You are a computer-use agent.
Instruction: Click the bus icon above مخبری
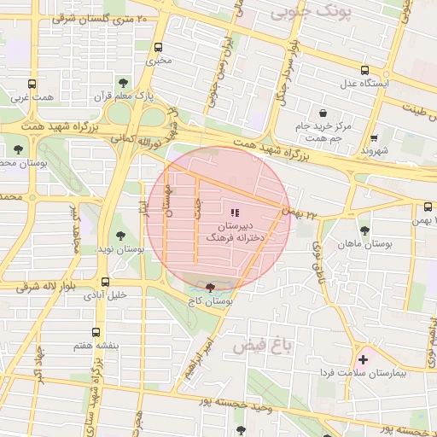[158, 48]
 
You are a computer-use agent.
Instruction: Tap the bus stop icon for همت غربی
[32, 84]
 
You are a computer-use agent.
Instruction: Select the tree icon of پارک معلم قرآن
[123, 84]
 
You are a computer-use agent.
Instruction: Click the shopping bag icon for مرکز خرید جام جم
[323, 114]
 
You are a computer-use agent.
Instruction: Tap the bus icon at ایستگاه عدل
[364, 71]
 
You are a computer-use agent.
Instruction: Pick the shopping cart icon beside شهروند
[374, 137]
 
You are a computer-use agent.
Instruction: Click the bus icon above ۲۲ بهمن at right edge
[428, 207]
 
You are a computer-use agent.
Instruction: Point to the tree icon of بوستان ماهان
[364, 230]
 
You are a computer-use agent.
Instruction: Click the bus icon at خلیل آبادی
[105, 282]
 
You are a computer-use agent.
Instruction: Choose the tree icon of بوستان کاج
[211, 288]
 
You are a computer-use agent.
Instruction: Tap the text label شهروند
[375, 151]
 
